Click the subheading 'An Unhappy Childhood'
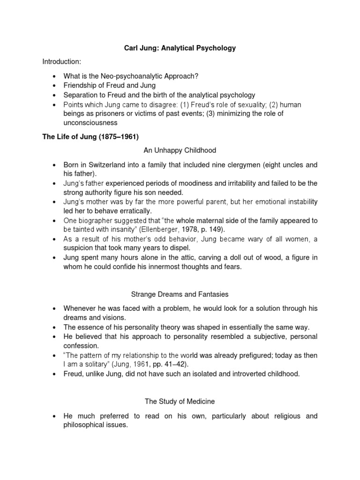pyautogui.click(x=180, y=150)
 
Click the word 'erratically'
pyautogui.click(x=132, y=211)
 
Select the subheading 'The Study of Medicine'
pyautogui.click(x=180, y=401)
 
